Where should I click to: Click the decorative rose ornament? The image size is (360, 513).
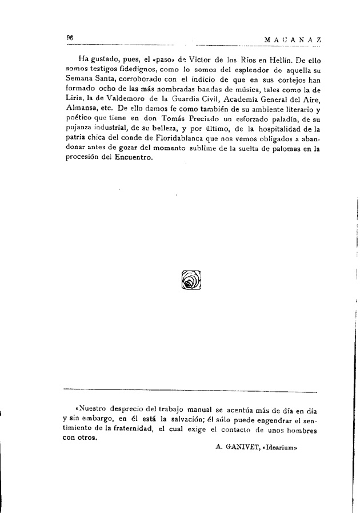(x=191, y=279)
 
